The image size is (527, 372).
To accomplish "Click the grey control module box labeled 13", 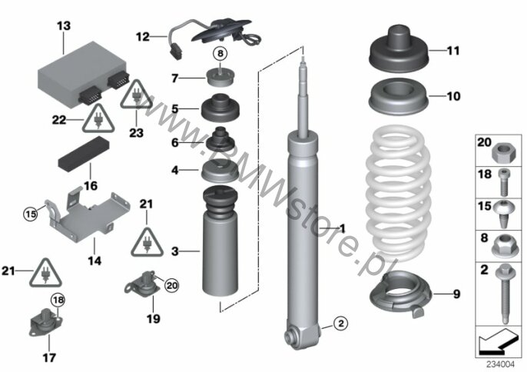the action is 82,74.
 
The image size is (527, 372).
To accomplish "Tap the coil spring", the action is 398,193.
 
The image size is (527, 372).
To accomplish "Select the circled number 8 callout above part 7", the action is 220,53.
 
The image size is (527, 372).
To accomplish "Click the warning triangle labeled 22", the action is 98,118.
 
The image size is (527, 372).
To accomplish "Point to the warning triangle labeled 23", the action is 136,95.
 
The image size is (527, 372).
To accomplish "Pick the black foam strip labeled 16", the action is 84,154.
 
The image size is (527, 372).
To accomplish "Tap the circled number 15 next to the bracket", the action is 30,214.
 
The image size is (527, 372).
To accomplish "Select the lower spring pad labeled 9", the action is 401,294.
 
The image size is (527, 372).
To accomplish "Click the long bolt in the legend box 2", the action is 505,293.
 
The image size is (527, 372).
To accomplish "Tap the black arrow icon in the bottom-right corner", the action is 498,342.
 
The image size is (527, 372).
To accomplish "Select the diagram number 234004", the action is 501,364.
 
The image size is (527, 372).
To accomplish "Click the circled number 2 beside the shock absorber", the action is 341,324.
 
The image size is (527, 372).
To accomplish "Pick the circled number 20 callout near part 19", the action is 172,286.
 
